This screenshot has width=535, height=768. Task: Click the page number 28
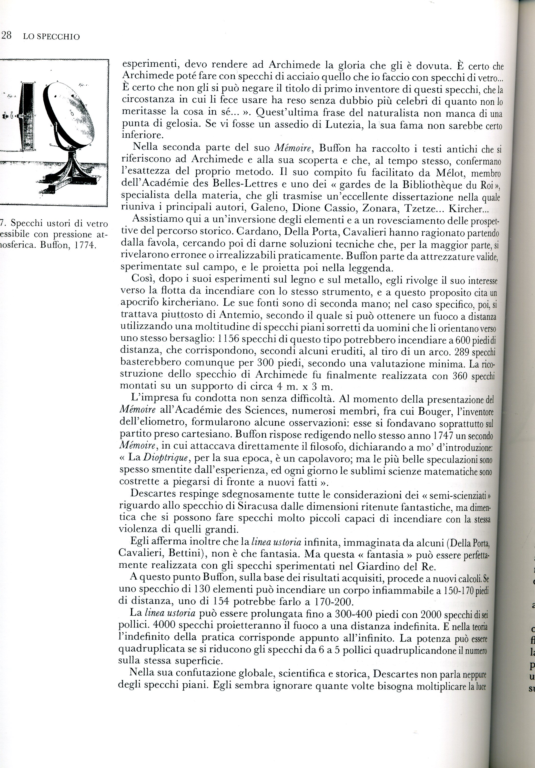click(x=6, y=36)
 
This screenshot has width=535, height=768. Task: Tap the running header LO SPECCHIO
click(x=51, y=37)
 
